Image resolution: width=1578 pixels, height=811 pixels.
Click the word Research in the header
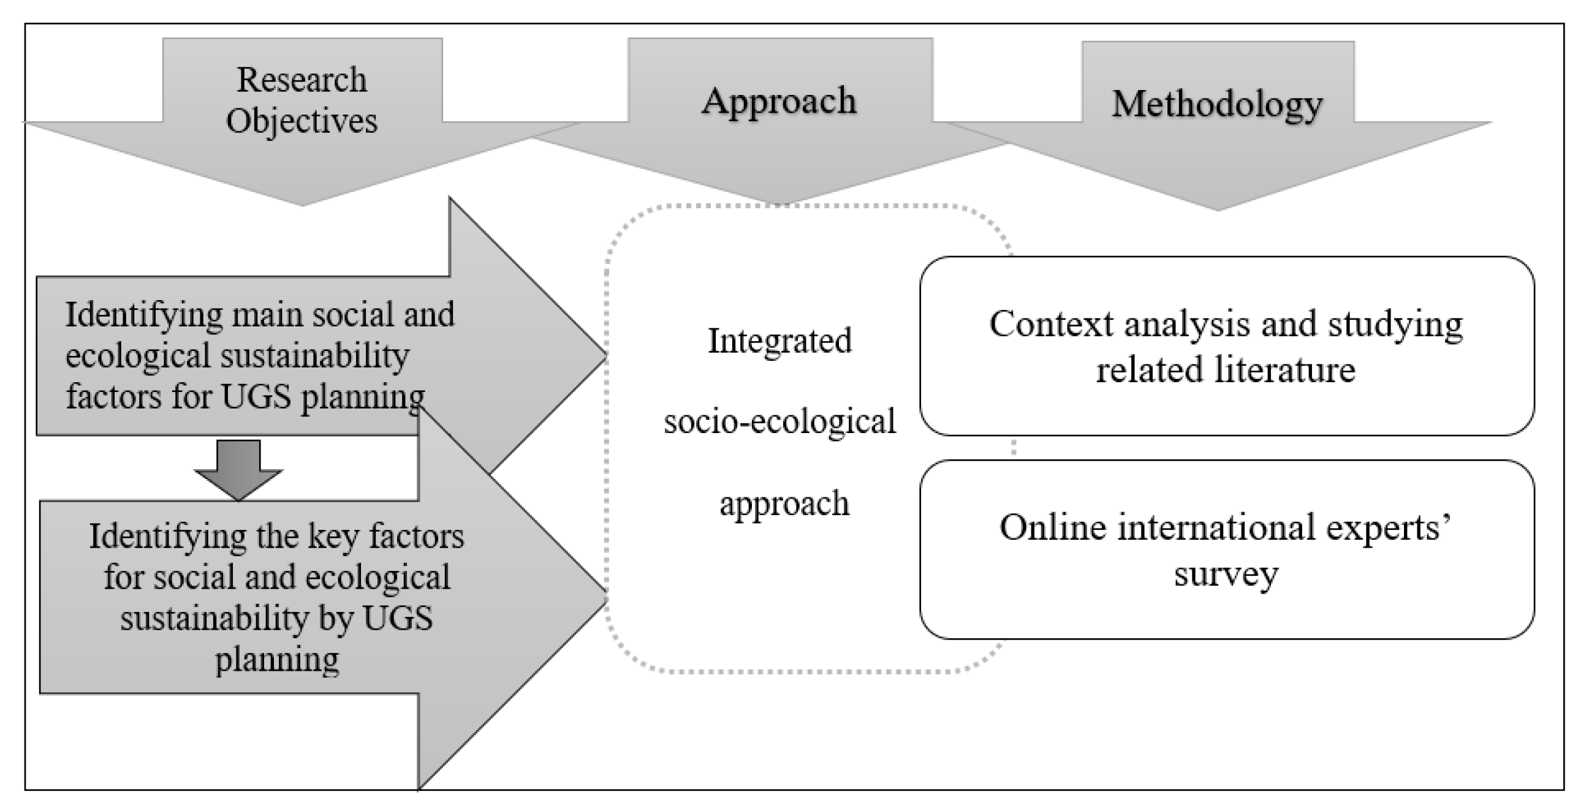302,80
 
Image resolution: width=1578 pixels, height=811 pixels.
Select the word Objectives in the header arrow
302,120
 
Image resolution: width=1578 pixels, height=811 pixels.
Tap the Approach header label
779,100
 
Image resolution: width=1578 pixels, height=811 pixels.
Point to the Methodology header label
1217,104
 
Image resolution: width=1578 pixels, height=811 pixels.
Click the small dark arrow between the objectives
238,469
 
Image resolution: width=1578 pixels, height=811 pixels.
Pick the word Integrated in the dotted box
780,341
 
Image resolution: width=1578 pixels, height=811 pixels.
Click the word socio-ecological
780,421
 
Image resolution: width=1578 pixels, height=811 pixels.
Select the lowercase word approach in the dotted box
784,504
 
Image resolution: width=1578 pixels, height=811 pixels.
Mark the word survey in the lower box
1226,574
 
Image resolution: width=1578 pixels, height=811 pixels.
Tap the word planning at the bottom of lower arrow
277,660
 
